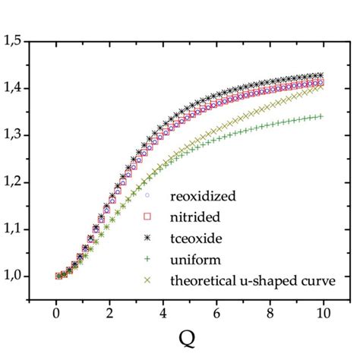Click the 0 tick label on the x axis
(56, 314)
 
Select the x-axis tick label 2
(110, 314)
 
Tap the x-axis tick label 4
(163, 314)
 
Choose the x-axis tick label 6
(217, 314)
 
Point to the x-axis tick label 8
(271, 314)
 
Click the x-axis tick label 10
(324, 314)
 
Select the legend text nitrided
(198, 217)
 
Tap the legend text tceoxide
(200, 238)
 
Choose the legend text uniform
(197, 259)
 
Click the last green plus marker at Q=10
(322, 116)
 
